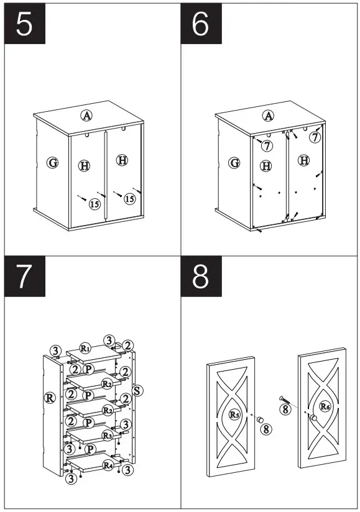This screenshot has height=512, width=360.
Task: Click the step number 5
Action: tap(24, 24)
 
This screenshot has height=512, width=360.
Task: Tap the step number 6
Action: tap(200, 24)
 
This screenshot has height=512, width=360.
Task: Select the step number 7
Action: tap(24, 277)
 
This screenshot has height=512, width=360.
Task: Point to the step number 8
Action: tap(200, 277)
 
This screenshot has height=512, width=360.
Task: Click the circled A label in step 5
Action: tap(86, 115)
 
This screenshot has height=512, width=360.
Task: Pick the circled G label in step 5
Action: tap(53, 162)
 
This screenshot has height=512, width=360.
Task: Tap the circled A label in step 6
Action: tap(269, 116)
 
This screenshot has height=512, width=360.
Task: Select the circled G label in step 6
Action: tap(234, 163)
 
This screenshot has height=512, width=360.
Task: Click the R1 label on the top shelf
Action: tap(85, 349)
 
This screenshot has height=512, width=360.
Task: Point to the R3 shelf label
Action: tap(107, 436)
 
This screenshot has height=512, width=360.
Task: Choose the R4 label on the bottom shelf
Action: tap(108, 465)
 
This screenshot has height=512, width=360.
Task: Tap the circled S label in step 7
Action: tap(137, 391)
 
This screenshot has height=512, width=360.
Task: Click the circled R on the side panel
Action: tap(50, 398)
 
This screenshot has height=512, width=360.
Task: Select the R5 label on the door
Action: tap(234, 414)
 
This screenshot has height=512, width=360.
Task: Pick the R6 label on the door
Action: tap(325, 406)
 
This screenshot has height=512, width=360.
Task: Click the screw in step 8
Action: tap(284, 400)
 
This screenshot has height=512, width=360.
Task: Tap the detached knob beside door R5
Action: tap(260, 419)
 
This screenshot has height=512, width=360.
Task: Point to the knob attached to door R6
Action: tap(313, 418)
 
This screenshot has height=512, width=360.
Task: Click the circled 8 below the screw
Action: tap(285, 409)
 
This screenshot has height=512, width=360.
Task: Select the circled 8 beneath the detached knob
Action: tap(266, 429)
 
